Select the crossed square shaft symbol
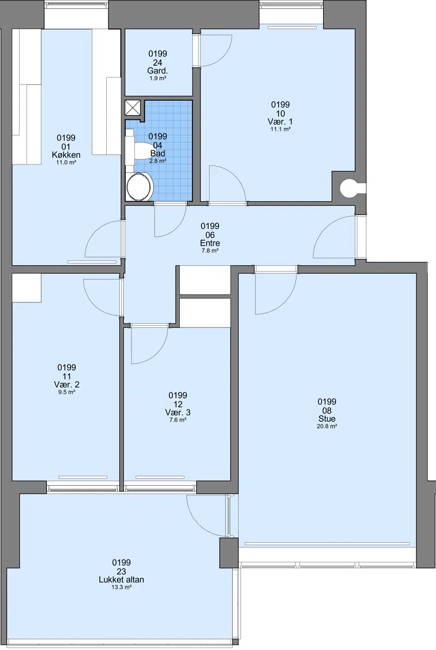point(133,108)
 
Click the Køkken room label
point(66,155)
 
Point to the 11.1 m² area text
point(281,129)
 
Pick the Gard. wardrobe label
point(158,71)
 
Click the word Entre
point(210,244)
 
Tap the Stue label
point(327,418)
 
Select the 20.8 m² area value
point(327,426)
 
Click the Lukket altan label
point(122,580)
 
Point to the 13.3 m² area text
point(122,587)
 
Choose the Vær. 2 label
point(67,385)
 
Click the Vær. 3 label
point(178,412)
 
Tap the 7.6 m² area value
point(178,420)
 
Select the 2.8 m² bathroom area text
point(158,161)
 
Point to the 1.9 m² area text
point(158,78)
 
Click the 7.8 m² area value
point(210,251)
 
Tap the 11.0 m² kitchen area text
point(66,162)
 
